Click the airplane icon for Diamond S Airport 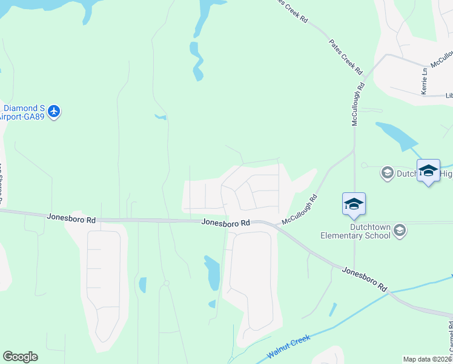coord(55,112)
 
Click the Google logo coord(20,357)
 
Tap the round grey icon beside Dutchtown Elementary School coord(399,230)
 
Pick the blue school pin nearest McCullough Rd coord(354,204)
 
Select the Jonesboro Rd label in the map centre coord(226,223)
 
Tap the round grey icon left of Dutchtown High coord(386,174)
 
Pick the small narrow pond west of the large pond coord(142,285)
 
